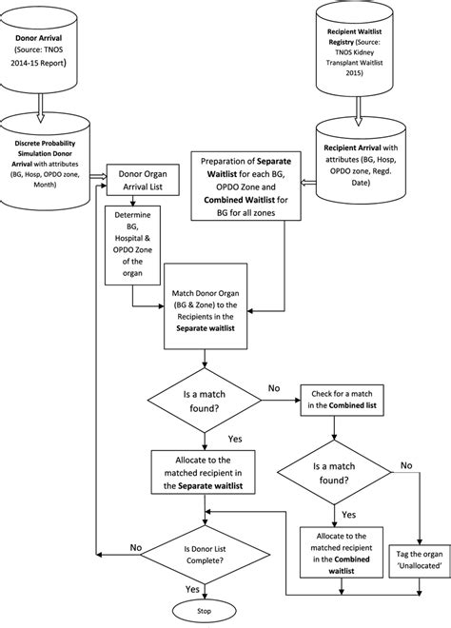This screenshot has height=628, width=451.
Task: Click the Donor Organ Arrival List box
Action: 144,181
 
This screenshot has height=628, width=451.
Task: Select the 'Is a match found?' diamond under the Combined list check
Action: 332,474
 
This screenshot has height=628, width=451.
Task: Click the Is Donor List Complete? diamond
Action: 204,554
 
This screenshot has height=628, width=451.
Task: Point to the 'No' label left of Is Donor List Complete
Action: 136,547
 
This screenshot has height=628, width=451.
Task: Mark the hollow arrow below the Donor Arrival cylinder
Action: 41,103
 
